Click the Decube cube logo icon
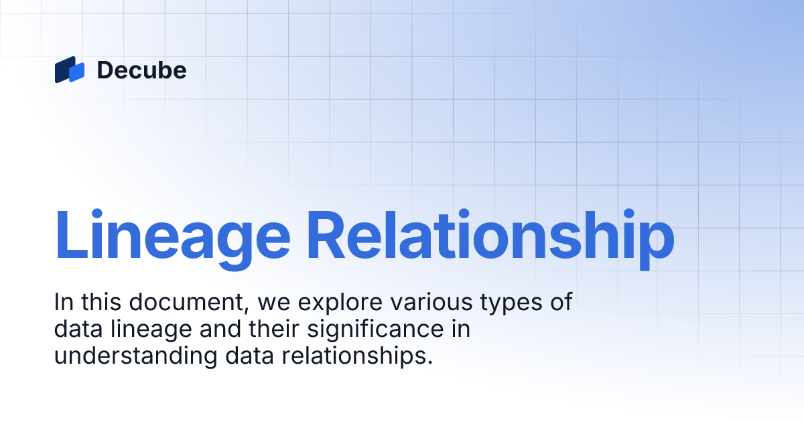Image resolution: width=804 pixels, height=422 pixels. point(70,70)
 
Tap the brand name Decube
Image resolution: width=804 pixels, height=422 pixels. point(141,70)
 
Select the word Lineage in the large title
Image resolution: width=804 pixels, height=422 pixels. point(172,236)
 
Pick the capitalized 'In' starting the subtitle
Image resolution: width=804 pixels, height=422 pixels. point(62,302)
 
